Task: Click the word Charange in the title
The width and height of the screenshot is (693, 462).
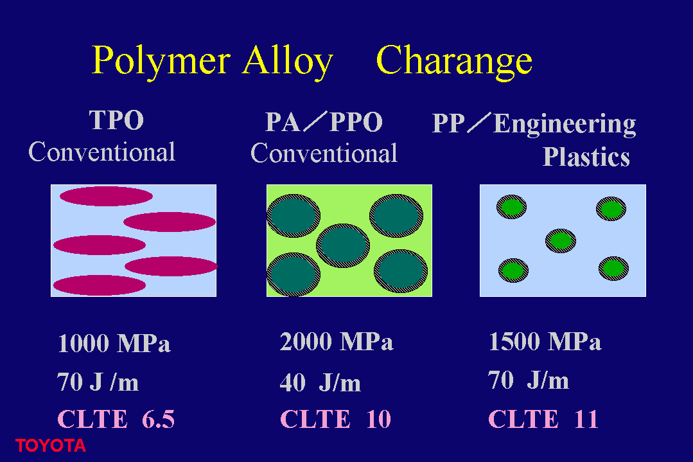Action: point(454,62)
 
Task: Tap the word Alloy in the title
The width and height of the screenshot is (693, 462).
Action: point(287,62)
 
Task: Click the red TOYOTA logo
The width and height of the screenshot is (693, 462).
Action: point(50,446)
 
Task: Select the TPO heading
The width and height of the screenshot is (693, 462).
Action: point(117,120)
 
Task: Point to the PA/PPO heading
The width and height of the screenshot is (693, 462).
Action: point(324,122)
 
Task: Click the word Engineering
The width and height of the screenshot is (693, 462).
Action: point(565,124)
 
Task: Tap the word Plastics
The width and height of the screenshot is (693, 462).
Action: point(586,157)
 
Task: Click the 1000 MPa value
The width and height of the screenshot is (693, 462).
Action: point(114,343)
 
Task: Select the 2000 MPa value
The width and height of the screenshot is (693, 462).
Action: point(337,341)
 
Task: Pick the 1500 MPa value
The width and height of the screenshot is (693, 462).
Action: point(545,341)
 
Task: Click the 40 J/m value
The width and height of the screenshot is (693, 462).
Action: point(320,382)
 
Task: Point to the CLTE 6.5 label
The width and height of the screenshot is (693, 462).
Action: point(116,419)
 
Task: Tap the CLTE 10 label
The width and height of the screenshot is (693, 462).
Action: point(336,419)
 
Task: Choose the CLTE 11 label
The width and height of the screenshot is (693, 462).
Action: point(543,419)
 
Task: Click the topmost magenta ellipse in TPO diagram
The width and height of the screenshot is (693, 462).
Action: point(106,196)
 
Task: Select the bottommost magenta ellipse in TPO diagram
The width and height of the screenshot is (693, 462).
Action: point(100,285)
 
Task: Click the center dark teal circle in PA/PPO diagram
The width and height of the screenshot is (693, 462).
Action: point(343,246)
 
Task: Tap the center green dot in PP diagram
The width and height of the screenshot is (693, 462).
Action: point(561,241)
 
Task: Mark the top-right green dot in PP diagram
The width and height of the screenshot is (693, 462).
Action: point(611,209)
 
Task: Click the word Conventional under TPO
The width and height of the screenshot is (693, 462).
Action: point(101,152)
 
